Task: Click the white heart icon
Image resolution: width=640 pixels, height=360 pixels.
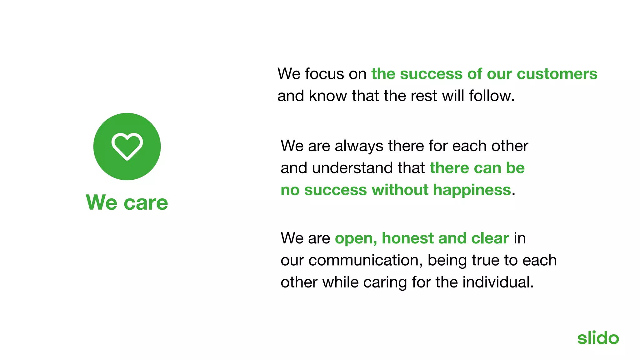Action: point(127,146)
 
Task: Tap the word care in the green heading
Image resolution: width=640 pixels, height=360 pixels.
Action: point(146,203)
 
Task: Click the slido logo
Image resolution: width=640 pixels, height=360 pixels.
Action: point(598,338)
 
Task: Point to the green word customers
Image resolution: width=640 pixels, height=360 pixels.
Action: point(557,74)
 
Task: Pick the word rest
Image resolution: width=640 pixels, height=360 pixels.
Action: point(424,96)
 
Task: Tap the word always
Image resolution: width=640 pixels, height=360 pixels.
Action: point(359,146)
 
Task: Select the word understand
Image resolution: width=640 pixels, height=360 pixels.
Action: point(352,168)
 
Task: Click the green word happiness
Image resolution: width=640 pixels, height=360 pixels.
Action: point(472,190)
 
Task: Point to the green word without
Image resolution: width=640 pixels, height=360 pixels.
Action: point(400,190)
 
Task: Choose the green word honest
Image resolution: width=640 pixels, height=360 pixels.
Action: point(407,238)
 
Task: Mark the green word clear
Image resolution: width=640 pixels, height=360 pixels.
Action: point(490,238)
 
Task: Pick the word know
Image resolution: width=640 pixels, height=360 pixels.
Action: point(328,96)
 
